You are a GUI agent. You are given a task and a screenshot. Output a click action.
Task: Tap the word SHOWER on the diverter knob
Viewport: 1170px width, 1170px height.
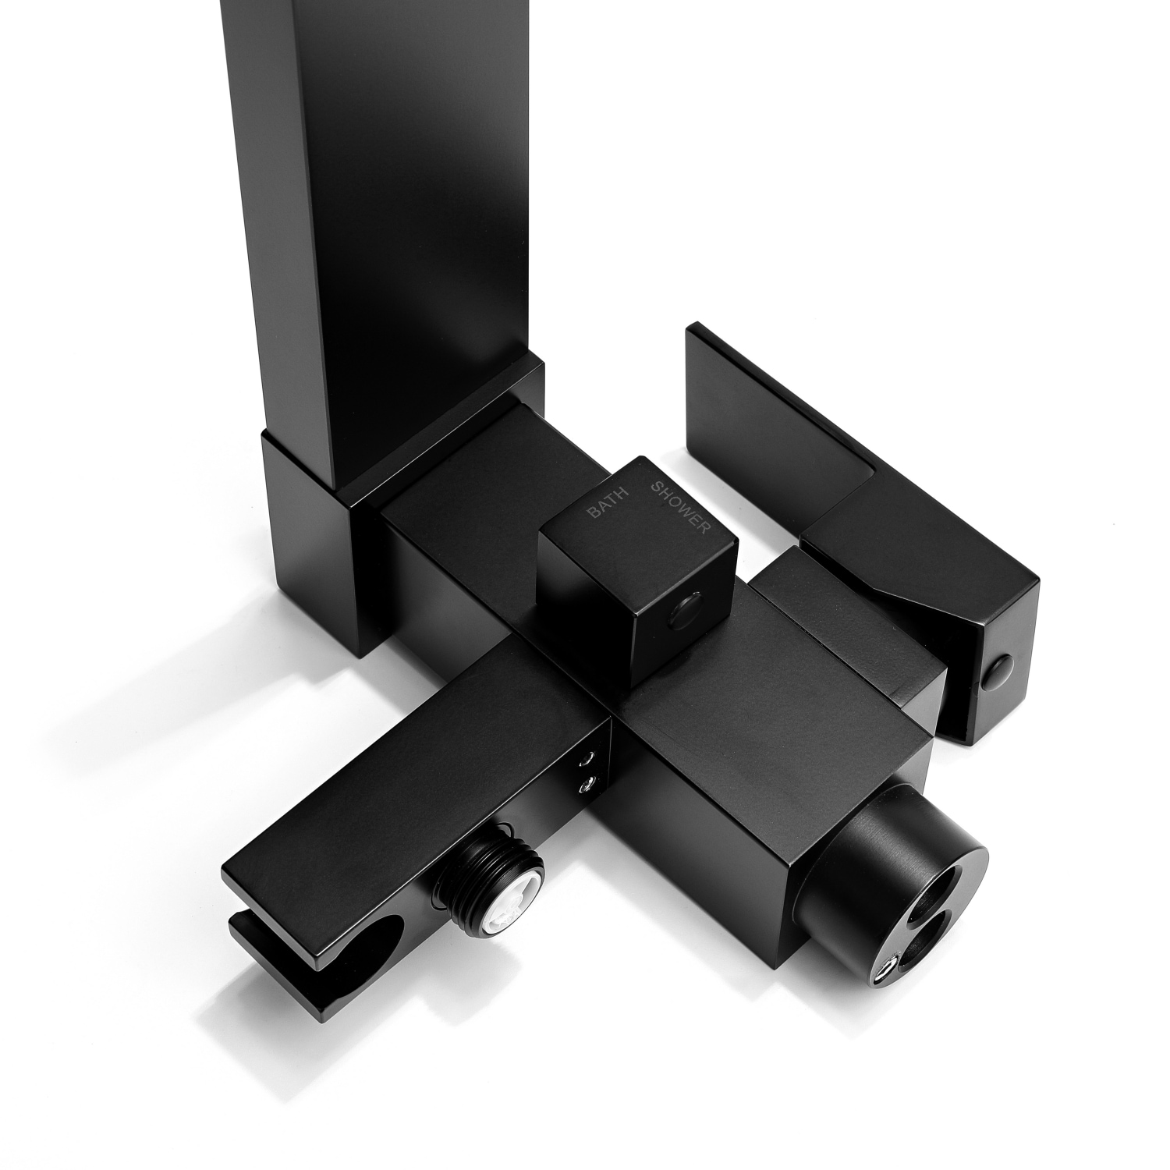click(x=680, y=507)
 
